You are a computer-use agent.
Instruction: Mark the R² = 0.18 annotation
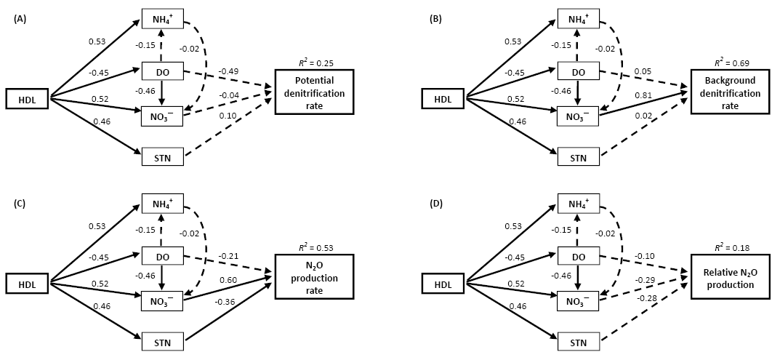728,247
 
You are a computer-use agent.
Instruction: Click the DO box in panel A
162,71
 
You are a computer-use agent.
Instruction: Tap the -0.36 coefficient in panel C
223,303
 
